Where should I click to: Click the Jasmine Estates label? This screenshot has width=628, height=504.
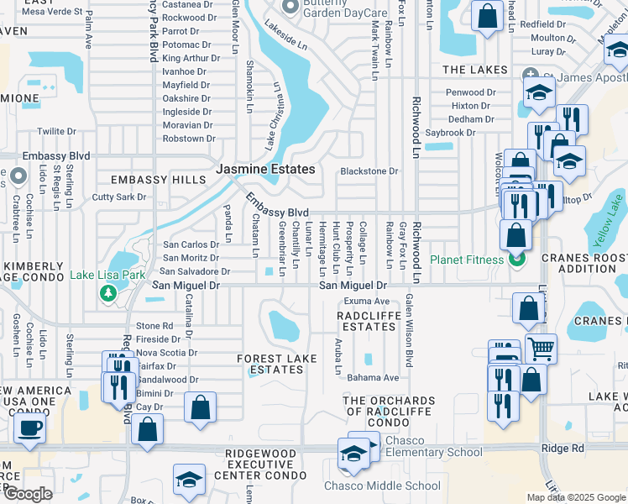[x=265, y=169]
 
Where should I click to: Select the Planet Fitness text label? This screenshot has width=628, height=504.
[x=468, y=259]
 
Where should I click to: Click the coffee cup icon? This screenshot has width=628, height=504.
[x=31, y=428]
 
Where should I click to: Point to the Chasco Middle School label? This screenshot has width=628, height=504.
[x=383, y=486]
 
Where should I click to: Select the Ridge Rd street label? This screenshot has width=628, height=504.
[x=563, y=449]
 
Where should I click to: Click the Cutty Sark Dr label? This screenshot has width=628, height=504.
[x=119, y=197]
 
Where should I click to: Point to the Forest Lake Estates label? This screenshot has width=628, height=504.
[x=277, y=364]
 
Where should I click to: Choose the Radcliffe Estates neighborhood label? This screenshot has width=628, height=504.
[x=366, y=321]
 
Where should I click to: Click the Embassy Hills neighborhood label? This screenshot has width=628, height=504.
[x=159, y=180]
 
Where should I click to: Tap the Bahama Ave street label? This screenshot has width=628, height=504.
[x=374, y=378]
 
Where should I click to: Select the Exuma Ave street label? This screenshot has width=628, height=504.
[x=367, y=300]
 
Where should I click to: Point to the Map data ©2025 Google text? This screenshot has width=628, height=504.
[x=575, y=497]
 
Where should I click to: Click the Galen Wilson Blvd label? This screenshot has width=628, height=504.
[x=410, y=331]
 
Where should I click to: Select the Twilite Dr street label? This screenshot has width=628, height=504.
[x=57, y=132]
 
